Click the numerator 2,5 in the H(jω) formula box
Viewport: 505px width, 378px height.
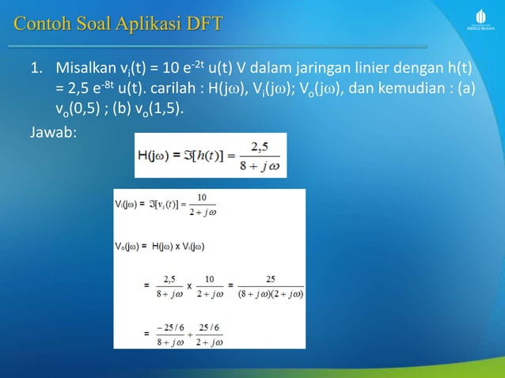pos(256,145)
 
